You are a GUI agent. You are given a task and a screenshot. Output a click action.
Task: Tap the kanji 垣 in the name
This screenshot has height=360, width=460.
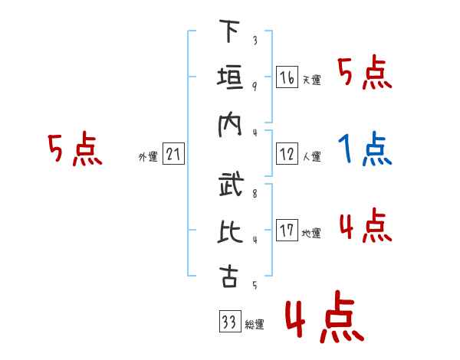228,78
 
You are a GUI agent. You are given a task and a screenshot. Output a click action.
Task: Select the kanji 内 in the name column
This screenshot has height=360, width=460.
228,124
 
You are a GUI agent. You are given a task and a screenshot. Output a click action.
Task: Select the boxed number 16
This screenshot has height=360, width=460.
287,77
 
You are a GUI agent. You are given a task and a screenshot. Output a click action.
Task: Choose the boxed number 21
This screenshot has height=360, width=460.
173,155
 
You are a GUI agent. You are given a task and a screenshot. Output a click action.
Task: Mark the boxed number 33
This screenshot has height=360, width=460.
228,322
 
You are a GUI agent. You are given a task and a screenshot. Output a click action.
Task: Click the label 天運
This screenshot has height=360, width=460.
312,80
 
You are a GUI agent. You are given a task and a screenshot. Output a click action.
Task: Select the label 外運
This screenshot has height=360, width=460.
148,157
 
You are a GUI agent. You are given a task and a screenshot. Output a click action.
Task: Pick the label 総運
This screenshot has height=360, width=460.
254,325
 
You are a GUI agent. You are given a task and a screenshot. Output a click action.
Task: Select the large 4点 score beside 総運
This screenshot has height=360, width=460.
323,320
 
